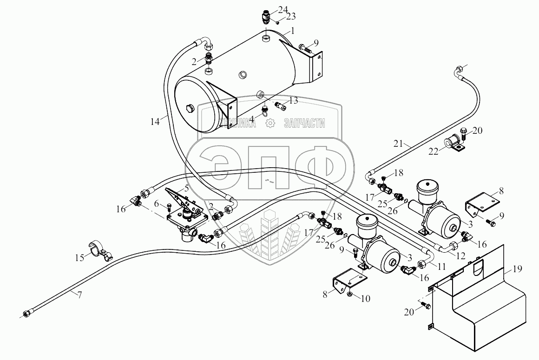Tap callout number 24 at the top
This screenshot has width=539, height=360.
283,10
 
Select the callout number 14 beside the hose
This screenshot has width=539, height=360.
155,121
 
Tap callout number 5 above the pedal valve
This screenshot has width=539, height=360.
186,188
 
